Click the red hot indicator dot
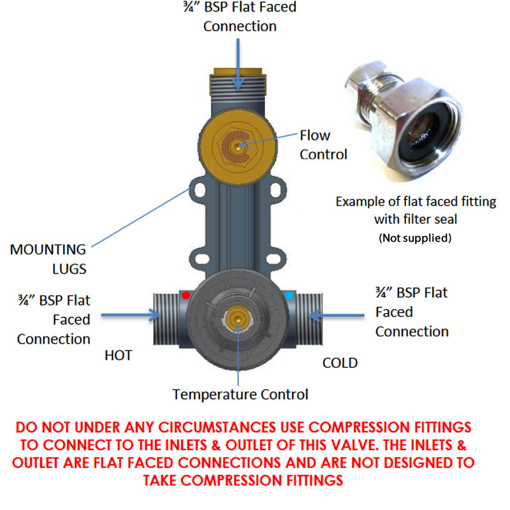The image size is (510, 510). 186,296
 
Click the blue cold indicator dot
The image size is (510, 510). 289,296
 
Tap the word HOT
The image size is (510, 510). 119,355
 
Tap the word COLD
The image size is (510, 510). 340,363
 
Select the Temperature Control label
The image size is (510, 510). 240,395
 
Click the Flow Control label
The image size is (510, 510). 323,145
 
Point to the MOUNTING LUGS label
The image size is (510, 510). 48,258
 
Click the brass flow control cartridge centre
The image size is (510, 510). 237,145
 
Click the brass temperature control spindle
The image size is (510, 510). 237,317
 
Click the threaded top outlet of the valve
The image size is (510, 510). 237,89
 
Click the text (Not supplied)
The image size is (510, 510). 416,238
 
